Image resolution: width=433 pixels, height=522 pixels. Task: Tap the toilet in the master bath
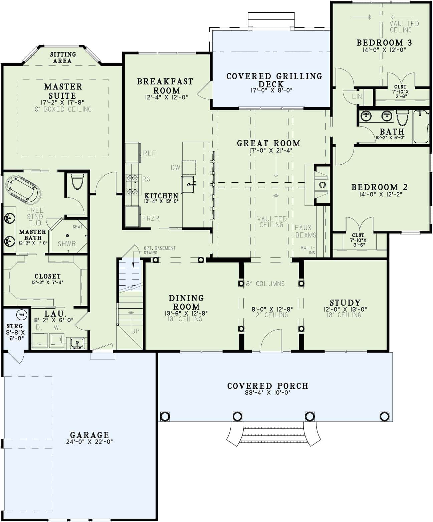pos(77,181)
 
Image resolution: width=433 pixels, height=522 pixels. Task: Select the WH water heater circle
pos(22,315)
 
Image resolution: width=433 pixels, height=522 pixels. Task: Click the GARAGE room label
pos(89,435)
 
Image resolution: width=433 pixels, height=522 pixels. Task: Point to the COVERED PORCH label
pos(268,386)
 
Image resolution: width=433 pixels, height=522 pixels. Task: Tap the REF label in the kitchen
pos(149,153)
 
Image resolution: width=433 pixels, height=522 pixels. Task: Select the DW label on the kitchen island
pos(175,168)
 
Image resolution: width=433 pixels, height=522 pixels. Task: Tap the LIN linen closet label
pos(357,97)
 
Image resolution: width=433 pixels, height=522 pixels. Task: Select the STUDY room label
pos(345,303)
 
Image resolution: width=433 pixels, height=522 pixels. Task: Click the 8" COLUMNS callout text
pos(265,284)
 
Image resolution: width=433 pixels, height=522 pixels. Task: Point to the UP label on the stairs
pos(135,331)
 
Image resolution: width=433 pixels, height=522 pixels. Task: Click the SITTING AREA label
pos(63,57)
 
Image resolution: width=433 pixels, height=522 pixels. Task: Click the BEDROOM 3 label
pos(384,42)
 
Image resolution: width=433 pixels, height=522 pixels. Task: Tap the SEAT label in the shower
pos(77,227)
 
